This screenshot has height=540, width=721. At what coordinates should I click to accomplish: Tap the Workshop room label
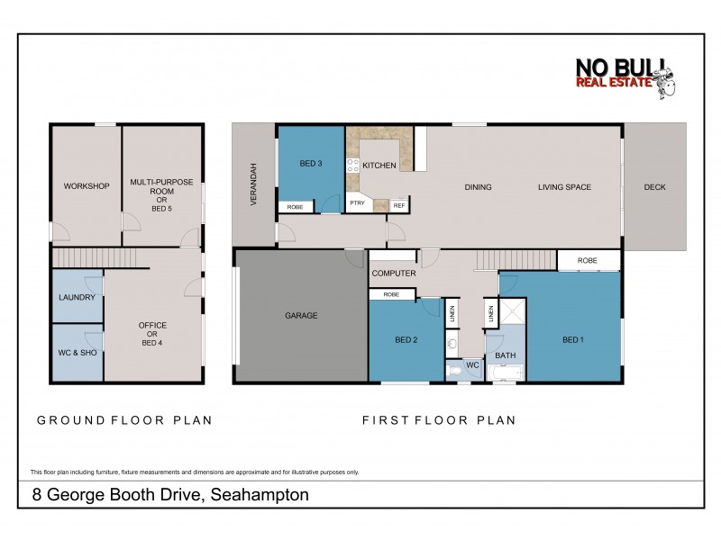pyautogui.click(x=87, y=186)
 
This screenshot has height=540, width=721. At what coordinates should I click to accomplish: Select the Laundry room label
pyautogui.click(x=77, y=297)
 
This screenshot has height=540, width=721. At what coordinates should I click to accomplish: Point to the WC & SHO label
pyautogui.click(x=77, y=352)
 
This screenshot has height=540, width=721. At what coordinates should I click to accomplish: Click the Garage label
pyautogui.click(x=300, y=315)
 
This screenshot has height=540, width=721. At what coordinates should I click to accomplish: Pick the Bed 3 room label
pyautogui.click(x=311, y=163)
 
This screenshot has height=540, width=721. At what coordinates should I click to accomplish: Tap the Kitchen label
pyautogui.click(x=379, y=166)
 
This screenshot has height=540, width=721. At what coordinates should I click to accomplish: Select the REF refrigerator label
pyautogui.click(x=399, y=205)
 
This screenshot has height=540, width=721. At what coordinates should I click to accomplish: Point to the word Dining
pyautogui.click(x=478, y=187)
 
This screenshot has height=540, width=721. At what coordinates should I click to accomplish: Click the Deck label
pyautogui.click(x=654, y=187)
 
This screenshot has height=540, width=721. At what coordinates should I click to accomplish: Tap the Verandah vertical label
pyautogui.click(x=254, y=185)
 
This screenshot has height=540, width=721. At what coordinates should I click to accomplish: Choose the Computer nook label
pyautogui.click(x=393, y=273)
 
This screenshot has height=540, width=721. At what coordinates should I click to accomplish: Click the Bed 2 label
pyautogui.click(x=406, y=339)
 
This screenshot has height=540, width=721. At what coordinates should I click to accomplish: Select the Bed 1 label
pyautogui.click(x=572, y=339)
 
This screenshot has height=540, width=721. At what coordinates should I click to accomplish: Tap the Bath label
pyautogui.click(x=505, y=355)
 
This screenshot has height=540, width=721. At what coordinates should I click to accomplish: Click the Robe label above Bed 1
pyautogui.click(x=588, y=260)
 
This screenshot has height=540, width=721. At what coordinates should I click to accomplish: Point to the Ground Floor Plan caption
pyautogui.click(x=123, y=419)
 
